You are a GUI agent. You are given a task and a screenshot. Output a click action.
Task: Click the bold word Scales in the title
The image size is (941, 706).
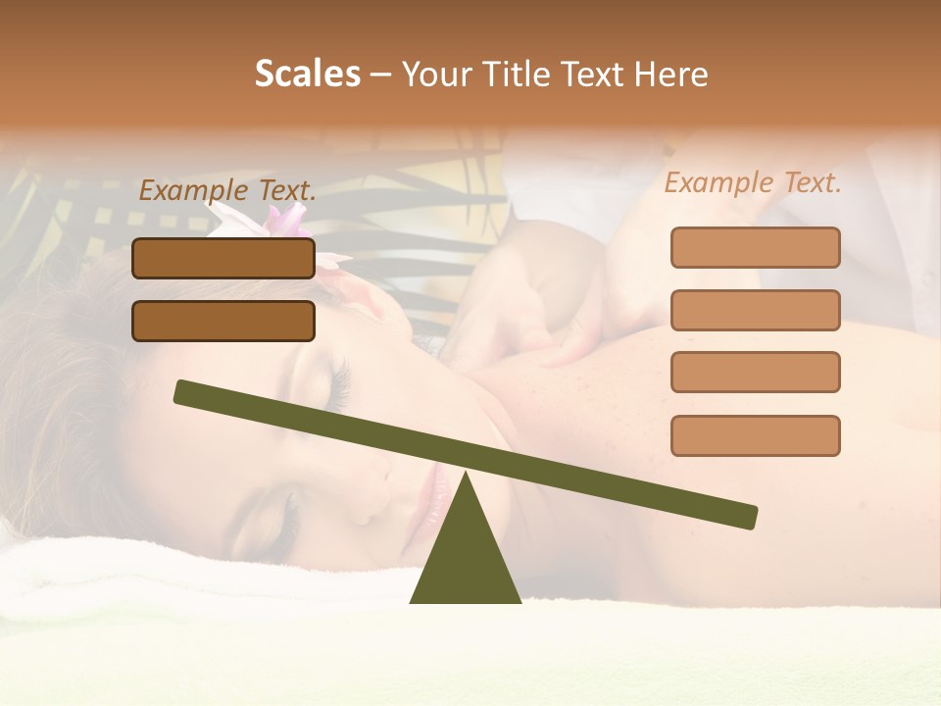tap(308, 75)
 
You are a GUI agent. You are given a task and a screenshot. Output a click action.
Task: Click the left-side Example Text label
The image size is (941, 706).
tap(227, 191)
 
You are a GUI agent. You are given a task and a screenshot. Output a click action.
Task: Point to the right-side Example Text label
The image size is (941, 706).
tap(753, 183)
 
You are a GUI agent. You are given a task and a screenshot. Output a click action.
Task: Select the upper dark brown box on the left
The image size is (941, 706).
tap(223, 258)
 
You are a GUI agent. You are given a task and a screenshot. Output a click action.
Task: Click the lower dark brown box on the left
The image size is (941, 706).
tap(223, 321)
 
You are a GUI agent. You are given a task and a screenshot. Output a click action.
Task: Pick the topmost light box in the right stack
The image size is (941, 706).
tap(755, 247)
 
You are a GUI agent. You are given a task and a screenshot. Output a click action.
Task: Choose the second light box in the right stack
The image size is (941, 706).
tap(755, 310)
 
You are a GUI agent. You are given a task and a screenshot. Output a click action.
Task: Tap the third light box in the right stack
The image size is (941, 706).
tap(755, 372)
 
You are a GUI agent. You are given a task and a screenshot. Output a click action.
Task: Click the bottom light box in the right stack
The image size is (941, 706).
tap(755, 435)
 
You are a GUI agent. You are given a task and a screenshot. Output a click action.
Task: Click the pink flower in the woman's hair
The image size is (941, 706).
tap(284, 224)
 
